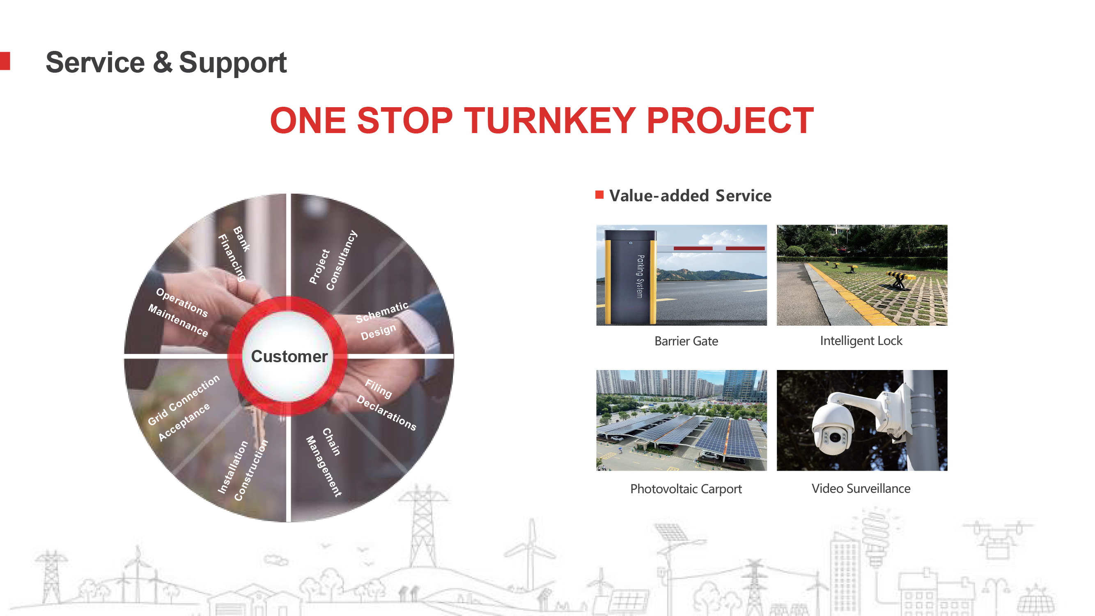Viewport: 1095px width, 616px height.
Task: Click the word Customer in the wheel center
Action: point(289,356)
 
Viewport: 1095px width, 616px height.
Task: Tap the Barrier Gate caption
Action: point(686,341)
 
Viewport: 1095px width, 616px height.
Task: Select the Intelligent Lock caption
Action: point(861,341)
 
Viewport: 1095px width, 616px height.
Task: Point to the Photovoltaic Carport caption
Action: point(686,489)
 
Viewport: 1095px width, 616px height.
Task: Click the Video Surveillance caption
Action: point(861,488)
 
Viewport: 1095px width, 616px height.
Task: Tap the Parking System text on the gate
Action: point(640,276)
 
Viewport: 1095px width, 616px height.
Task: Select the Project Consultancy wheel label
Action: point(333,261)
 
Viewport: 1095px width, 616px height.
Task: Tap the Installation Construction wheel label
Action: point(243,470)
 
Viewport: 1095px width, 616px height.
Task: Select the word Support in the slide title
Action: point(232,63)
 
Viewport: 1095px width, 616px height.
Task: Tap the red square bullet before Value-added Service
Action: point(599,195)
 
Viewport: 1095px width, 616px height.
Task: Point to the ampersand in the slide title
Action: point(162,62)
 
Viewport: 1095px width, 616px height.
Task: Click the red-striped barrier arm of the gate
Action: point(712,248)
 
